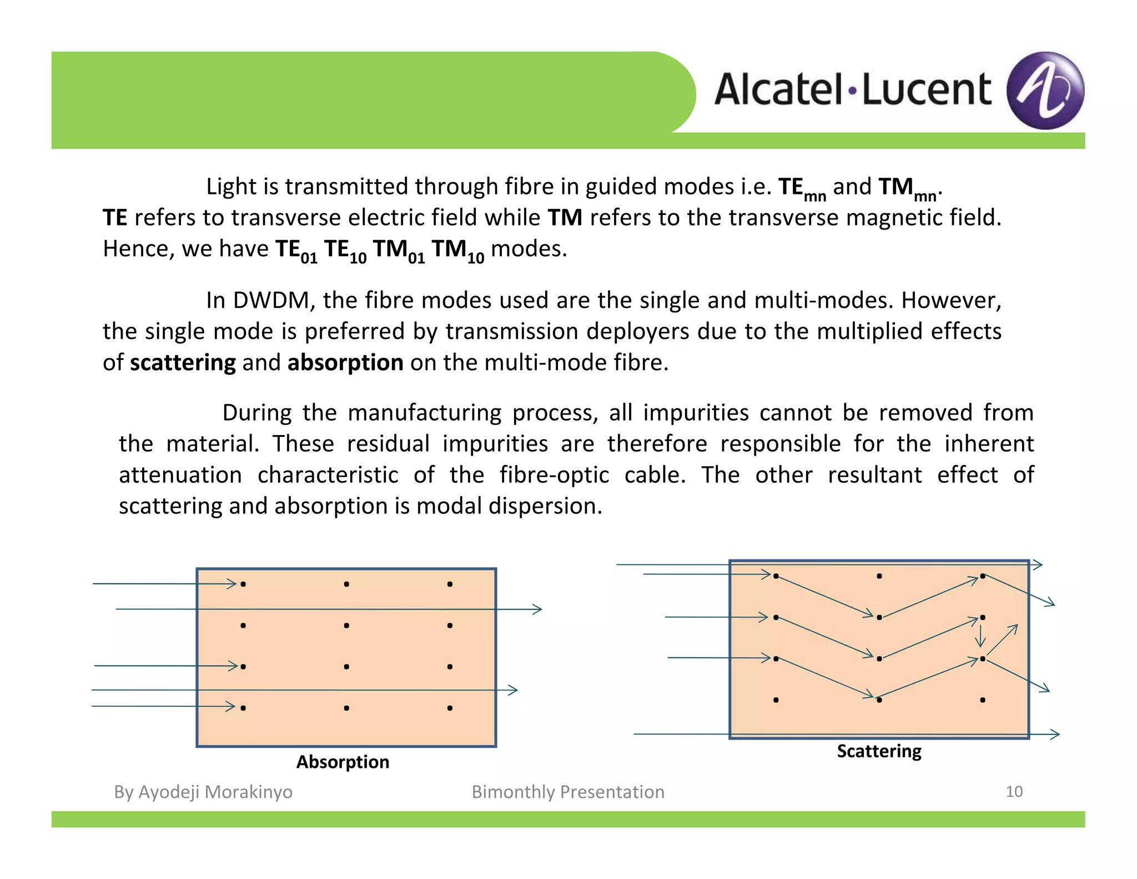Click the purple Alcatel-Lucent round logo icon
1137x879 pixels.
click(x=1045, y=91)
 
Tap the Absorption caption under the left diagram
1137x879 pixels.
click(x=343, y=761)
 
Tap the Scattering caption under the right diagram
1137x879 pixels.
click(x=879, y=751)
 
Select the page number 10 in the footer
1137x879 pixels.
click(x=1014, y=791)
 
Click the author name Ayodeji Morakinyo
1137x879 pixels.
click(x=215, y=791)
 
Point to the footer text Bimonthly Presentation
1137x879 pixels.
click(x=568, y=791)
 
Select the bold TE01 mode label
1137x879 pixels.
click(x=296, y=250)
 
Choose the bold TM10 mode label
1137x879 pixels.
click(x=457, y=250)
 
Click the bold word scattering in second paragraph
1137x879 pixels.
click(x=183, y=362)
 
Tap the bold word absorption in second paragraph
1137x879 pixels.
click(x=345, y=362)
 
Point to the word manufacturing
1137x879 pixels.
click(x=424, y=413)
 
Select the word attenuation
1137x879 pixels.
click(x=180, y=475)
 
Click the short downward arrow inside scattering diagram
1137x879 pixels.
click(x=981, y=637)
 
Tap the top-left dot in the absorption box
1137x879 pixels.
click(x=243, y=584)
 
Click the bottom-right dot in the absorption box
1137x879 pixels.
click(x=450, y=708)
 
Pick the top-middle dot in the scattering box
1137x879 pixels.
click(x=879, y=576)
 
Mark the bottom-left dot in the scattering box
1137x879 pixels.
click(x=776, y=700)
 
